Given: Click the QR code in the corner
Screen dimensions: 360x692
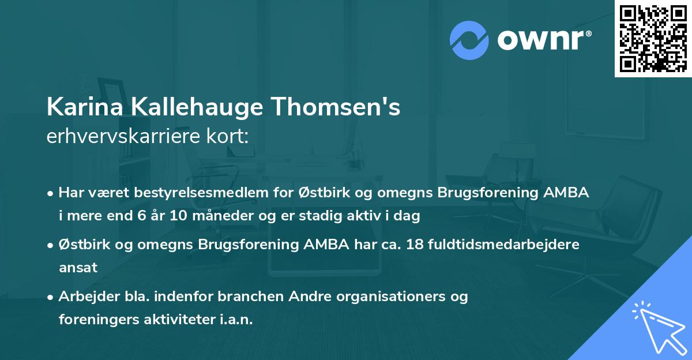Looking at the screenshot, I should pos(653,38).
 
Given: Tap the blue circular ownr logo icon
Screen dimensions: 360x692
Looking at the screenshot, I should pos(469,40).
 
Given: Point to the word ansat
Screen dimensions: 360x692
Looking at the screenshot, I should pos(78,268).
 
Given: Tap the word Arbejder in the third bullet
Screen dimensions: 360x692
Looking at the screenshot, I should pos(84,297).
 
